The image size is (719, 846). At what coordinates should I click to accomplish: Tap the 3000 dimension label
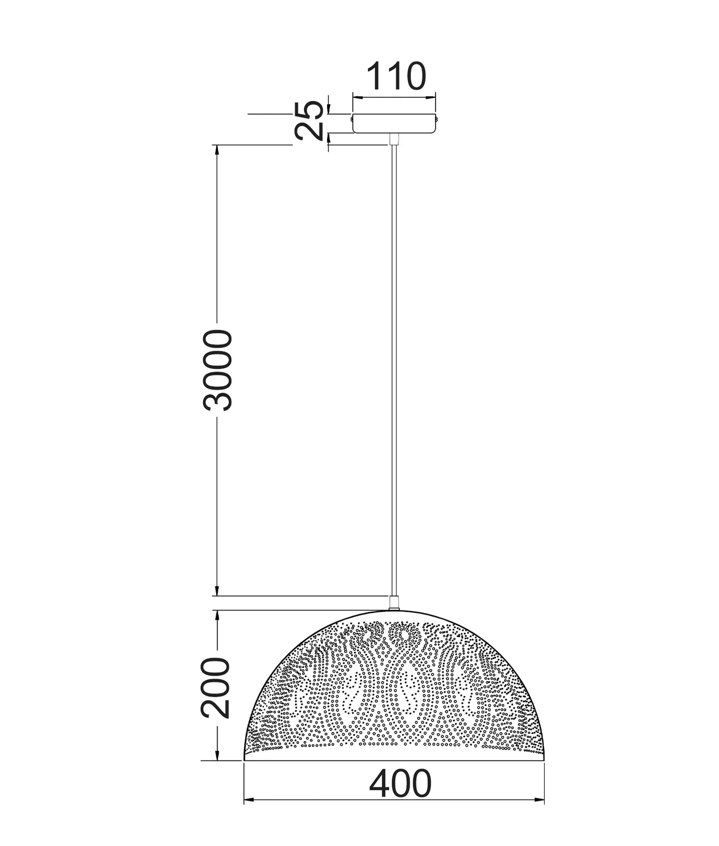(218, 370)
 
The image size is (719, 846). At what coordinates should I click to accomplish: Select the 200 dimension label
(215, 687)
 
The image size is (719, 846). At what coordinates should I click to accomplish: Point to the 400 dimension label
(400, 784)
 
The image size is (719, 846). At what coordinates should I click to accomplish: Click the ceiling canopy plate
(393, 122)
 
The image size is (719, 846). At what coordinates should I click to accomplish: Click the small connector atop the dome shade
(394, 604)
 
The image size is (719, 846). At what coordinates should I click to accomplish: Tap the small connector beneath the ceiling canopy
(394, 139)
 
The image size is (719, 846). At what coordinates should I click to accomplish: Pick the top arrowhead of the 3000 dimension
(217, 149)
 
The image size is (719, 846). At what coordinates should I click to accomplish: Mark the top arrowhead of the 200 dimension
(217, 615)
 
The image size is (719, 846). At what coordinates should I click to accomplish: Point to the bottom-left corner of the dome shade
(244, 759)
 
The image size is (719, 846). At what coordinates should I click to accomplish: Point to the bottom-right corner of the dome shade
(544, 759)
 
